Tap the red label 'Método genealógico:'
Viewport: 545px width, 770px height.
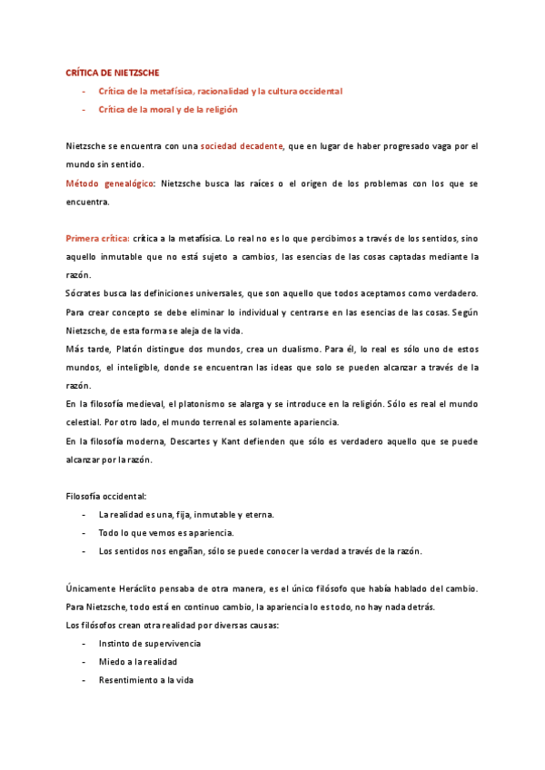click(110, 183)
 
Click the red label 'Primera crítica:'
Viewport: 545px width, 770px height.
click(97, 238)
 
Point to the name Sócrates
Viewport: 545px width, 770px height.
click(84, 293)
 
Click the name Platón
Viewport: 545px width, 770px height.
click(135, 349)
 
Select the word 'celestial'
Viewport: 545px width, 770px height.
click(85, 422)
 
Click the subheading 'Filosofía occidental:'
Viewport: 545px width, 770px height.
click(106, 497)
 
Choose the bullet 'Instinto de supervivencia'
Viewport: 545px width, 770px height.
click(150, 644)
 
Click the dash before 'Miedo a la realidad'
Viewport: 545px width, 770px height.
click(84, 662)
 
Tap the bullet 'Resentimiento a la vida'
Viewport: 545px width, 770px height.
click(146, 680)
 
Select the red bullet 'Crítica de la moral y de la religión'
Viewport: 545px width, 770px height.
click(168, 109)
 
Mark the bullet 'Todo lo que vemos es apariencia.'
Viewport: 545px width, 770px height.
click(166, 533)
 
